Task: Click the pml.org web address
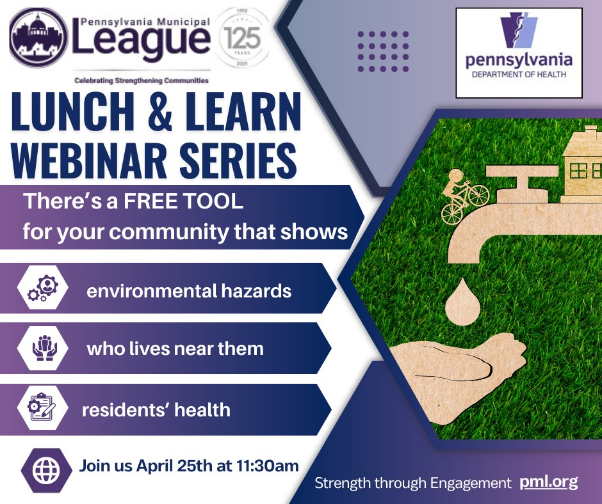[x=549, y=482]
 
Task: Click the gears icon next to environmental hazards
[x=43, y=288]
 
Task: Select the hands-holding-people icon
[x=45, y=348]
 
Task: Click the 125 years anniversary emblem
[x=242, y=38]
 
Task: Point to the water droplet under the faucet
[x=462, y=303]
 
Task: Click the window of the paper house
[x=579, y=170]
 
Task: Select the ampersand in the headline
[x=159, y=112]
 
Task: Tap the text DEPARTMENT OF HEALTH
[x=519, y=74]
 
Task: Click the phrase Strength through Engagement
[x=413, y=483]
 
